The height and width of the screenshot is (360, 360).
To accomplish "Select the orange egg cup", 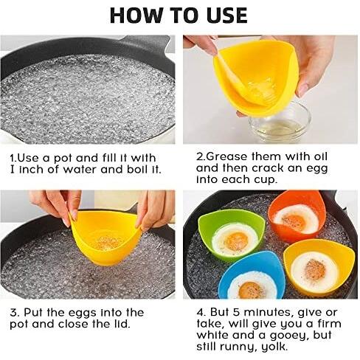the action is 297,216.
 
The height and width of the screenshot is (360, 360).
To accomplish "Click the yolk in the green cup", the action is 236,241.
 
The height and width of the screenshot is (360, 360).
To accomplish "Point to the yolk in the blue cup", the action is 250,290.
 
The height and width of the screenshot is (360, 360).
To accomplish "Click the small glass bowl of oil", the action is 280,123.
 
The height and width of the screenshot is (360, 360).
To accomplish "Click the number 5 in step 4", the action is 236,312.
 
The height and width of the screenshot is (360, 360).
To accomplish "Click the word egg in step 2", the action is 317,169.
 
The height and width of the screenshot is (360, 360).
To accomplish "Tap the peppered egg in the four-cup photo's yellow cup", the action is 314,271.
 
